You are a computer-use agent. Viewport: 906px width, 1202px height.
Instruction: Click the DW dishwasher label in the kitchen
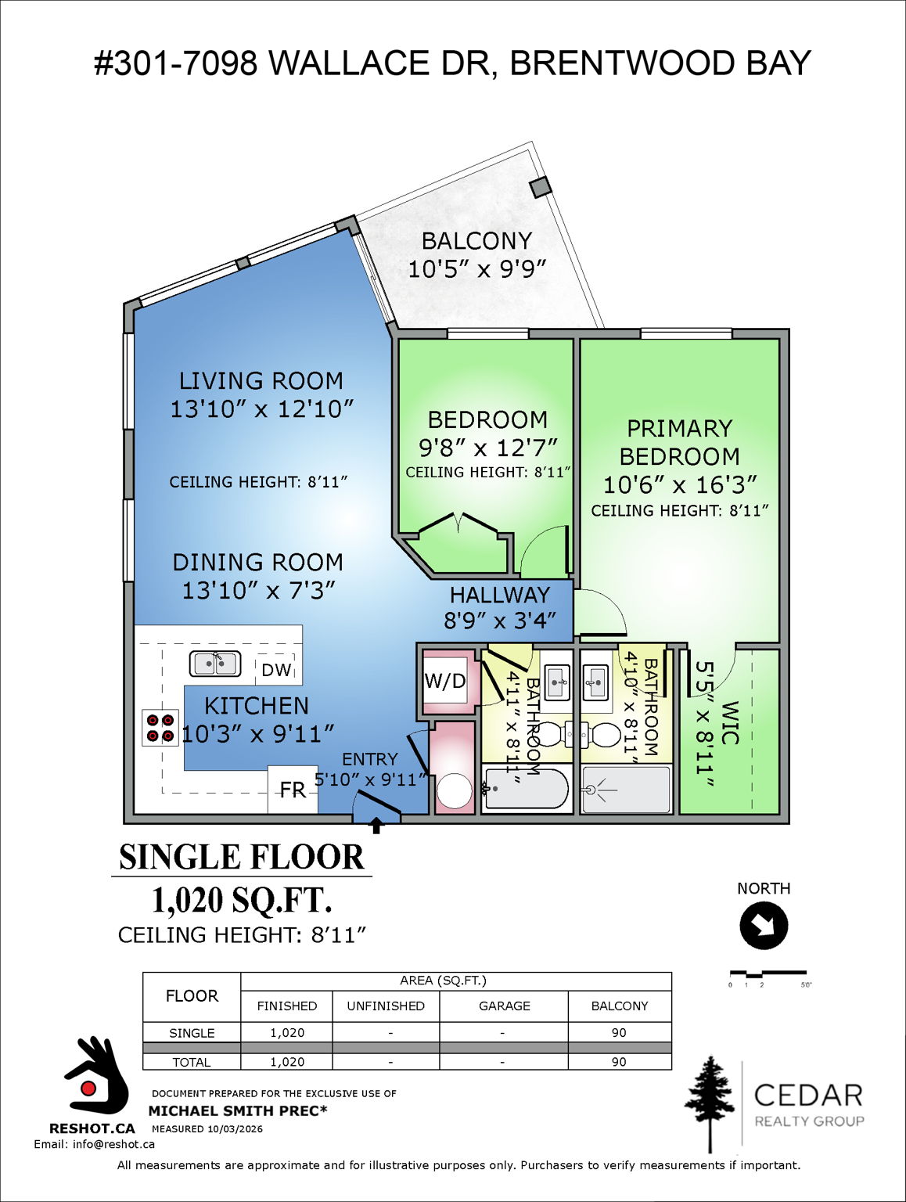pyautogui.click(x=276, y=670)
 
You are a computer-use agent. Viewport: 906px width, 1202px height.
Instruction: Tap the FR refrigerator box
pyautogui.click(x=293, y=790)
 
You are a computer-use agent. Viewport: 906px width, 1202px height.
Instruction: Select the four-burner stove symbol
pyautogui.click(x=160, y=728)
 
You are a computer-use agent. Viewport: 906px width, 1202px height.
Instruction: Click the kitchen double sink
pyautogui.click(x=215, y=664)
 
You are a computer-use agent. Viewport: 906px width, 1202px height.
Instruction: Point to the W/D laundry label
pyautogui.click(x=444, y=681)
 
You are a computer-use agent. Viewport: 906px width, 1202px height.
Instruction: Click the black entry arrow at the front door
pyautogui.click(x=376, y=825)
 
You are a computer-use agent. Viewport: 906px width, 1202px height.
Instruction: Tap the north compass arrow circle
pyautogui.click(x=764, y=926)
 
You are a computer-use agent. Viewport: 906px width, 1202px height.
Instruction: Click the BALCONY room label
pyautogui.click(x=476, y=241)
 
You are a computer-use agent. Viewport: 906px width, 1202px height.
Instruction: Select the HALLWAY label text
pyautogui.click(x=499, y=595)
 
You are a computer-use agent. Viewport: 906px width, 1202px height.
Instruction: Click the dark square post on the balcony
pyautogui.click(x=540, y=187)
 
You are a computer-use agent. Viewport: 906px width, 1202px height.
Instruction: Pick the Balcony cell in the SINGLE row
pyautogui.click(x=619, y=1032)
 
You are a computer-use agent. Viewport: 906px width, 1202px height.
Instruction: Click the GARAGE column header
pyautogui.click(x=504, y=1006)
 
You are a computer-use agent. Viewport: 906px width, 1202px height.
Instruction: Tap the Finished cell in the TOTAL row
pyautogui.click(x=287, y=1062)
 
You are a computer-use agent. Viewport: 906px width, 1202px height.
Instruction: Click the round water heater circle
pyautogui.click(x=454, y=790)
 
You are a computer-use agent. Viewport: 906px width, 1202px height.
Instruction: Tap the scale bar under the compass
pyautogui.click(x=769, y=974)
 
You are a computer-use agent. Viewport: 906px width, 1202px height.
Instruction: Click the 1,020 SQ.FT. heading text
pyautogui.click(x=242, y=900)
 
